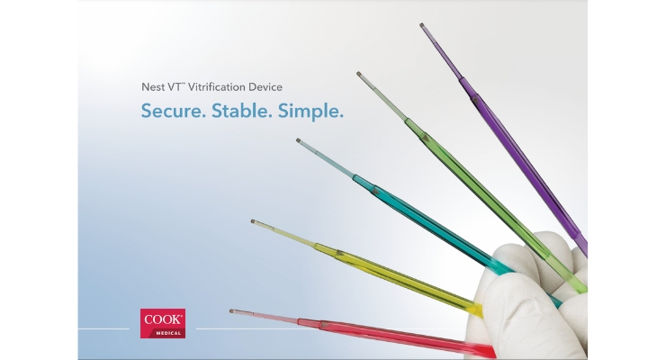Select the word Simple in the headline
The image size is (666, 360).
coord(310,112)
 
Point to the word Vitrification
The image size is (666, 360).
coord(217,87)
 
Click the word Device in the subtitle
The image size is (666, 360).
coord(265,87)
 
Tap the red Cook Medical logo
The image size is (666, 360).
coord(163,323)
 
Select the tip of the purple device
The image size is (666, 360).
coord(422,25)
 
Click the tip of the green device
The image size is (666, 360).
coord(358,74)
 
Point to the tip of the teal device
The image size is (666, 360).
coord(298,140)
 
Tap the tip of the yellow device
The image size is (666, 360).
coord(253,221)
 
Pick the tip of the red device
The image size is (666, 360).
coord(232,311)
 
